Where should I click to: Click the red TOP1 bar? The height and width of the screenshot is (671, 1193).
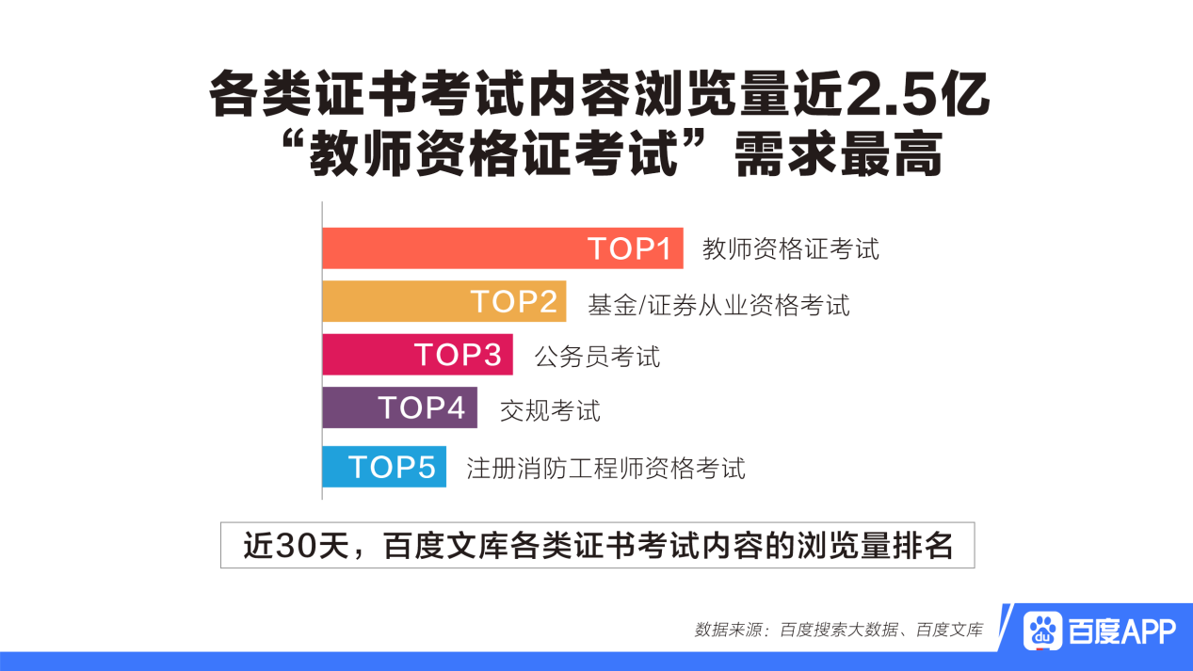503,248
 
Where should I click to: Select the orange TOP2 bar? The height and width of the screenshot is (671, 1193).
444,301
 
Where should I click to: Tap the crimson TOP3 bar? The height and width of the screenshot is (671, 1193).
417,355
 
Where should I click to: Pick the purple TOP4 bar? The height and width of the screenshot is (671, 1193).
400,407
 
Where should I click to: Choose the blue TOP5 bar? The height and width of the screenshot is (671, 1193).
384,467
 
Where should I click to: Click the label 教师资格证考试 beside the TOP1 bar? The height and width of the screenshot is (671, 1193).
791,249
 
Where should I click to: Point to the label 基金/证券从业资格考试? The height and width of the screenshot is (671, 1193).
718,306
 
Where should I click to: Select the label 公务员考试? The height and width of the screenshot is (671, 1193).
597,357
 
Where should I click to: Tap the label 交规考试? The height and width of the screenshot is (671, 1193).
550,411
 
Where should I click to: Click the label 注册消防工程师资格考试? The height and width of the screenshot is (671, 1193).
605,469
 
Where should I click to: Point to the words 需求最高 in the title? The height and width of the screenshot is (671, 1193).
839,154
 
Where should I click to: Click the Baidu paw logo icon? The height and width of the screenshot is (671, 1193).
1042,631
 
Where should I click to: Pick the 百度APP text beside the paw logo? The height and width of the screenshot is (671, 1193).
1122,631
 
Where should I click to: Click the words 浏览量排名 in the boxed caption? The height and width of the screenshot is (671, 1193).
875,546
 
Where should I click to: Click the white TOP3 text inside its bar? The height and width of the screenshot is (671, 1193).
458,355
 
